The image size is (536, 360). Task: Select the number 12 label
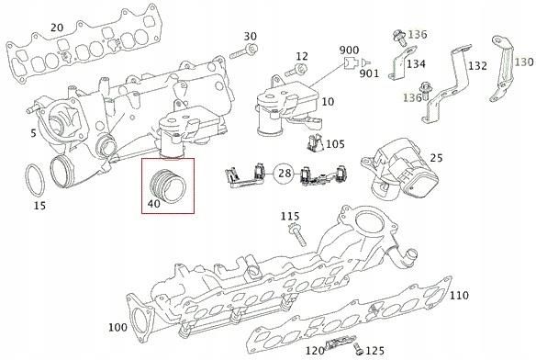click(302, 57)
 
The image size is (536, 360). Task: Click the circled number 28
click(285, 173)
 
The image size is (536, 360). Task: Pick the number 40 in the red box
click(153, 204)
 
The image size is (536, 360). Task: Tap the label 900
click(349, 49)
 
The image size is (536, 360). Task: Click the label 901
click(370, 73)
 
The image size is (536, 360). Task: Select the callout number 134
click(416, 64)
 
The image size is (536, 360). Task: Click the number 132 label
click(477, 67)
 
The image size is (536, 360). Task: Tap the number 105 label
click(335, 144)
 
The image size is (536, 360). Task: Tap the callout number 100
click(117, 328)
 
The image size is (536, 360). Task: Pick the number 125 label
click(374, 351)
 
